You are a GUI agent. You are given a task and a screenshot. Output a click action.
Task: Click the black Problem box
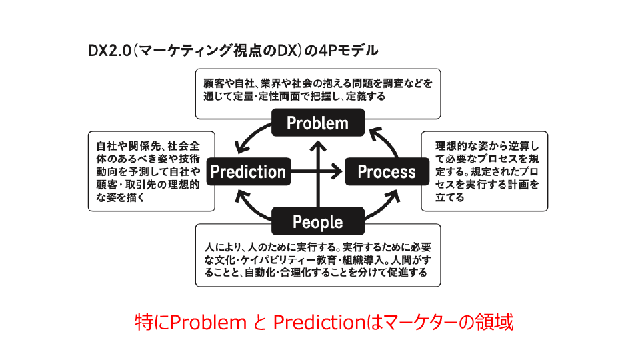pyautogui.click(x=318, y=123)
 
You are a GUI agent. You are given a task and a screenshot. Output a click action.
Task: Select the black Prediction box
pyautogui.click(x=249, y=171)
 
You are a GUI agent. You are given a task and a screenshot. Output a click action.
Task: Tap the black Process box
pyautogui.click(x=387, y=171)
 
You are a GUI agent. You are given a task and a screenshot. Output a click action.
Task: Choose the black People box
pyautogui.click(x=318, y=221)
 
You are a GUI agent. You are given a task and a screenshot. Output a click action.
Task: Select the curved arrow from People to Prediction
pyautogui.click(x=250, y=209)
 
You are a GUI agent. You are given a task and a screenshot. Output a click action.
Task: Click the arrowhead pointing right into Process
pyautogui.click(x=337, y=171)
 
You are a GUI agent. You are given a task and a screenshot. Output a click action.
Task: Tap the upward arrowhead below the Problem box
pyautogui.click(x=318, y=146)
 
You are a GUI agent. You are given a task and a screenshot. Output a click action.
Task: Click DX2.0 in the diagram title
pyautogui.click(x=109, y=51)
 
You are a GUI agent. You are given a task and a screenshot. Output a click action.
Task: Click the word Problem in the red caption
pyautogui.click(x=208, y=323)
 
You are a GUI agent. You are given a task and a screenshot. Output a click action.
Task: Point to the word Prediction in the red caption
pyautogui.click(x=319, y=323)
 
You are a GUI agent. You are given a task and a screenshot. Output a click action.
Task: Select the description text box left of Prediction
pyautogui.click(x=151, y=171)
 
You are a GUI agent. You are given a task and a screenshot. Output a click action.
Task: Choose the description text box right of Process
pyautogui.click(x=485, y=171)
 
